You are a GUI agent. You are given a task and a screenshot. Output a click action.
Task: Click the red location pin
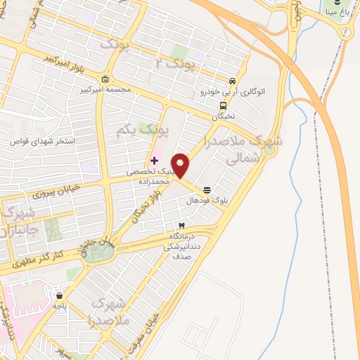pos(181,165)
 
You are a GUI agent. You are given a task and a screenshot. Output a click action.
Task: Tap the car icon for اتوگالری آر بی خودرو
pos(233,80)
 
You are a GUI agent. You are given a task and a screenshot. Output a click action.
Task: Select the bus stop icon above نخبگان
pos(223,106)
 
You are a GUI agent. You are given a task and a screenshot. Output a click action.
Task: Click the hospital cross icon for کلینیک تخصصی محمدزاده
pos(154,161)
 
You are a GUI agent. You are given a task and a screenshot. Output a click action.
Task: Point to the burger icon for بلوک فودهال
pos(207,190)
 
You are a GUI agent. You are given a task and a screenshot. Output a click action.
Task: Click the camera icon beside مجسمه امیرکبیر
pos(105,79)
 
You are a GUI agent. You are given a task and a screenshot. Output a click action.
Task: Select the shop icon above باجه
pos(59,296)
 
